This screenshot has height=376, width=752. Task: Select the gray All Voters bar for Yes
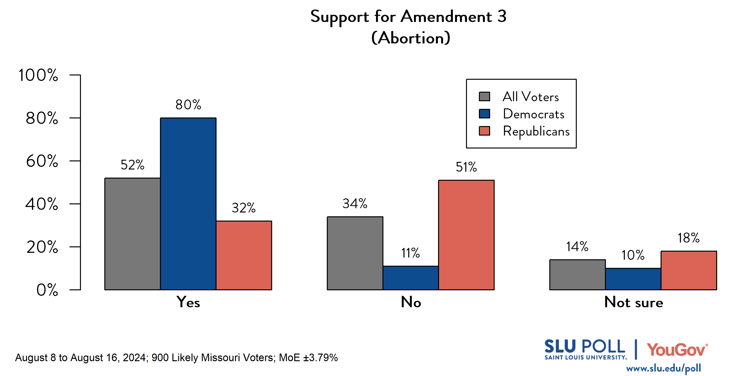coord(132,234)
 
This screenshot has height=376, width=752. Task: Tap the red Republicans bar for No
coord(466,235)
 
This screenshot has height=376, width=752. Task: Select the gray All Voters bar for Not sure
coord(577,275)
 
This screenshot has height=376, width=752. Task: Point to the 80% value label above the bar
coord(188,105)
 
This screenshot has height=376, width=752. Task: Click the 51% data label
coord(466,167)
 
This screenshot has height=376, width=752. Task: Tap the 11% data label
coord(410,253)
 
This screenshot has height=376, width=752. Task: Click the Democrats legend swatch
coord(484,114)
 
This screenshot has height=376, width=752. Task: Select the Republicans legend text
coord(536,131)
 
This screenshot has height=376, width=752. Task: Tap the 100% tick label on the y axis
coord(38,75)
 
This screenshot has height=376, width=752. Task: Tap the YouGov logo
coord(677,350)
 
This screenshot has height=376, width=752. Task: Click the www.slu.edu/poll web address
coord(663,368)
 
